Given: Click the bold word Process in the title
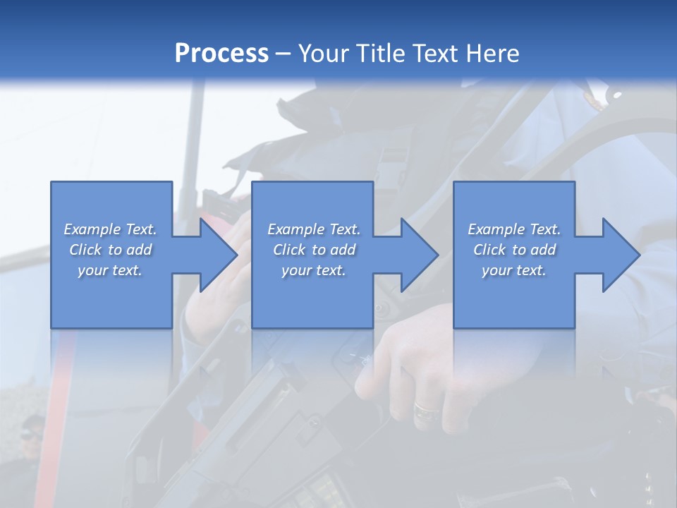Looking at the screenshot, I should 221,54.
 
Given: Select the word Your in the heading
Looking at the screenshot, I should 325,54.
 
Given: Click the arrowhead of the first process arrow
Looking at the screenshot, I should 219,255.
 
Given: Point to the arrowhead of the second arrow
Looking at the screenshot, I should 420,255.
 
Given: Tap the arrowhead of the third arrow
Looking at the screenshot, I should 621,255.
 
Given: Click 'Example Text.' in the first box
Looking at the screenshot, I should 110,229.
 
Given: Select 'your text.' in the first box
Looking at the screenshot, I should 110,270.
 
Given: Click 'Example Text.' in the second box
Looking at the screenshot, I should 314,229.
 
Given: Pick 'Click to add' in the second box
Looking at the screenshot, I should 314,250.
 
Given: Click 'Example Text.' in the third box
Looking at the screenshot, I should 514,229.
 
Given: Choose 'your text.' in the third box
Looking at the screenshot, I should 514,270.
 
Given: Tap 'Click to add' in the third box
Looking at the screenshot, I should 514,250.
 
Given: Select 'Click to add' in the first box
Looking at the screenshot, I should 110,250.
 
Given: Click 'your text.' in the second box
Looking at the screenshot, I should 314,270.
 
